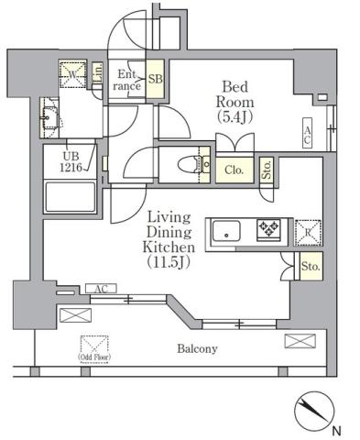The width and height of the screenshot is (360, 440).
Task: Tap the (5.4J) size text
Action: tap(234, 117)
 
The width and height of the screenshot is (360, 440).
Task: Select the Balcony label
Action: tap(196, 348)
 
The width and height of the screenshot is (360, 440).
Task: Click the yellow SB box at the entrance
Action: tap(156, 80)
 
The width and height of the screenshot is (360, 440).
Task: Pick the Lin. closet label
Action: tap(97, 78)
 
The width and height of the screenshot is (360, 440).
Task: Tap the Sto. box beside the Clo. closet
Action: tap(267, 170)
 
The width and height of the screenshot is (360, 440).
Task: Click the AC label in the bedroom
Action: tap(308, 136)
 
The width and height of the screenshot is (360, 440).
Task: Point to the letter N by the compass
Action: tap(337, 431)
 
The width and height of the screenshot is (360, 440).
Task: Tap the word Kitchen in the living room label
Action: tap(169, 247)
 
